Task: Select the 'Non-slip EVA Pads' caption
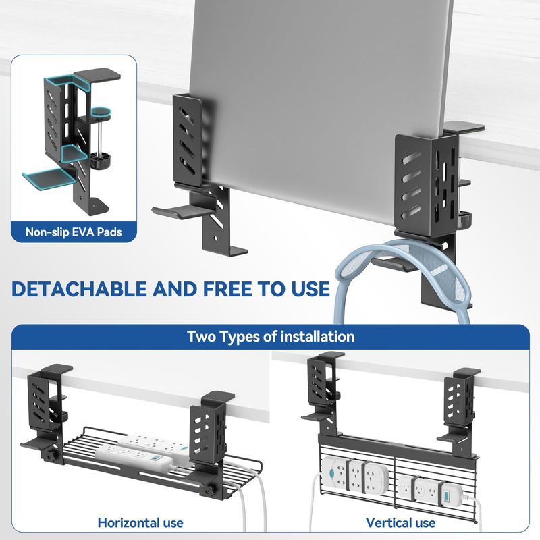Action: click(74, 232)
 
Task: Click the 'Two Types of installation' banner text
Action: click(271, 336)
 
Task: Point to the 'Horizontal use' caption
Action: click(140, 522)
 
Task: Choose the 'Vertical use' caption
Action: click(400, 522)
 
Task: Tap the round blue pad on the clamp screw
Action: click(101, 111)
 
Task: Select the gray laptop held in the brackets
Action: click(320, 103)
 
